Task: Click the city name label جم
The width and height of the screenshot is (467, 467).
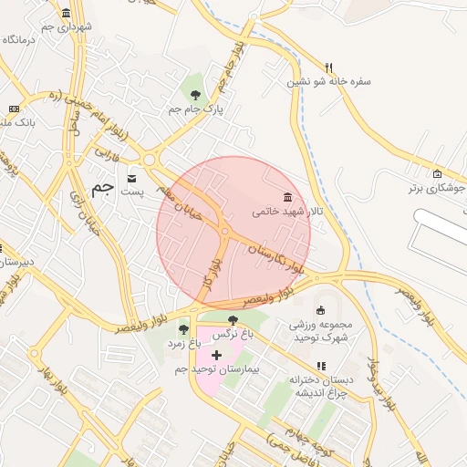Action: [105, 188]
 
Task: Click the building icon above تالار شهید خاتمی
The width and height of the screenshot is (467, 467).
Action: [288, 197]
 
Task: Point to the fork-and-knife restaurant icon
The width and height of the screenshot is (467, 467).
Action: [329, 67]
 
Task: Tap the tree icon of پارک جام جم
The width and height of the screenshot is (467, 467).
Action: [195, 94]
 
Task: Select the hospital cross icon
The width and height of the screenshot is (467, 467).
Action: [216, 354]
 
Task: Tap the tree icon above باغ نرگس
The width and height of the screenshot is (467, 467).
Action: [233, 320]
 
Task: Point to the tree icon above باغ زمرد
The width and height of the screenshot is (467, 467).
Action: [183, 329]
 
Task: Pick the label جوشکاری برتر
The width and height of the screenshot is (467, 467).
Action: [434, 189]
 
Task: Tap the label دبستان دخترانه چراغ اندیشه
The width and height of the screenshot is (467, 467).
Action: [319, 385]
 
